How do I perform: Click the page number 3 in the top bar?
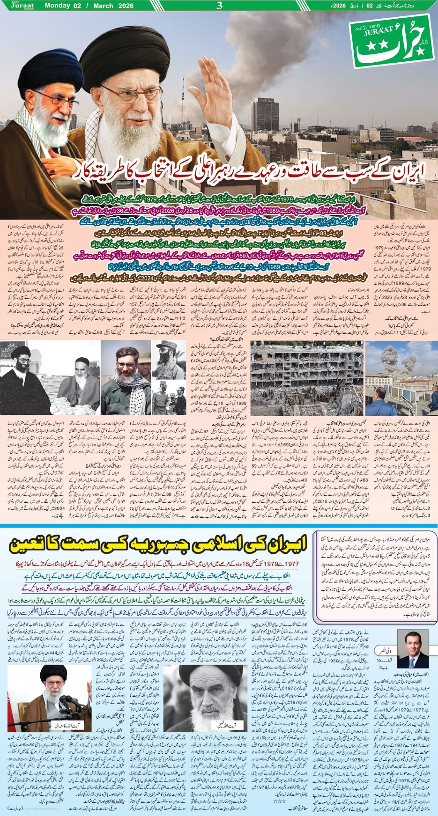coord(219,6)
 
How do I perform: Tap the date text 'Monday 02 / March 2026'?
coord(89,6)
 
